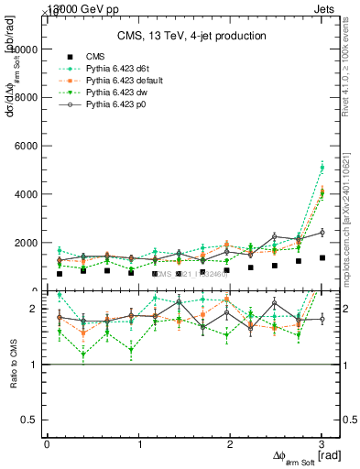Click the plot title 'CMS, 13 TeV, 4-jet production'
pos(191,37)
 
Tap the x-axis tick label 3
pos(322,444)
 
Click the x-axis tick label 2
pos(230,444)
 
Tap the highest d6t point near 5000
pos(322,168)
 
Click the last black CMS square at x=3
pos(322,257)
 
